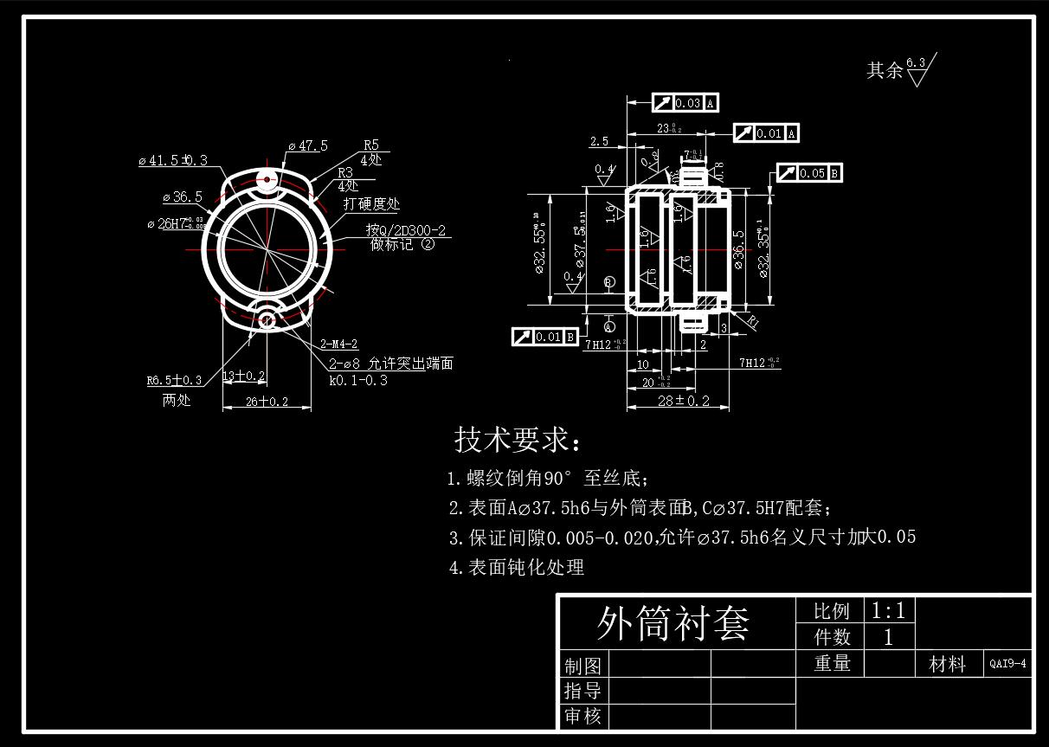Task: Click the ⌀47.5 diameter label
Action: click(x=308, y=145)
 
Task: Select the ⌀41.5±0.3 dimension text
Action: click(x=173, y=160)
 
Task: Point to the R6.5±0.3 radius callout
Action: click(x=174, y=380)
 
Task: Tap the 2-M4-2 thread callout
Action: click(x=338, y=344)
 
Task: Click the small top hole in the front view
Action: click(x=267, y=181)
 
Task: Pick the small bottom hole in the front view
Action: click(x=267, y=321)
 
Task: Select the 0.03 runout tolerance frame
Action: click(x=687, y=103)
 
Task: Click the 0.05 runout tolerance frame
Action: click(x=810, y=173)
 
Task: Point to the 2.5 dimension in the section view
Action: click(x=599, y=141)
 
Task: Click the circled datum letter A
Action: click(x=609, y=327)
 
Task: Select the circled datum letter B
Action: click(x=608, y=282)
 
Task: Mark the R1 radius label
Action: click(x=752, y=322)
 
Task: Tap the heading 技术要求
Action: click(x=518, y=441)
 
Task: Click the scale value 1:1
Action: click(x=888, y=611)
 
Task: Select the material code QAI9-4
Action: click(x=1008, y=664)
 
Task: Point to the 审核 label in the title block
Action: click(x=582, y=717)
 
